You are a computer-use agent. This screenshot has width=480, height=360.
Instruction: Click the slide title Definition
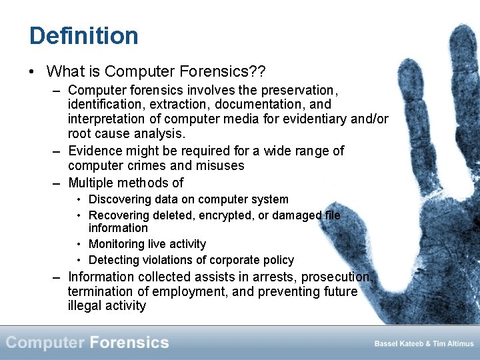(83, 35)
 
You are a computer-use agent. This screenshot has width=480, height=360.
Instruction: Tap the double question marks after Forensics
(257, 71)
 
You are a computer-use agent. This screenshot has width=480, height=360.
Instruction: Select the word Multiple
(93, 183)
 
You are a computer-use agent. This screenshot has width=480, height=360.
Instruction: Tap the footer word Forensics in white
(129, 343)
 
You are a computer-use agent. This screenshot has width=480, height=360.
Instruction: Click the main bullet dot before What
(33, 71)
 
